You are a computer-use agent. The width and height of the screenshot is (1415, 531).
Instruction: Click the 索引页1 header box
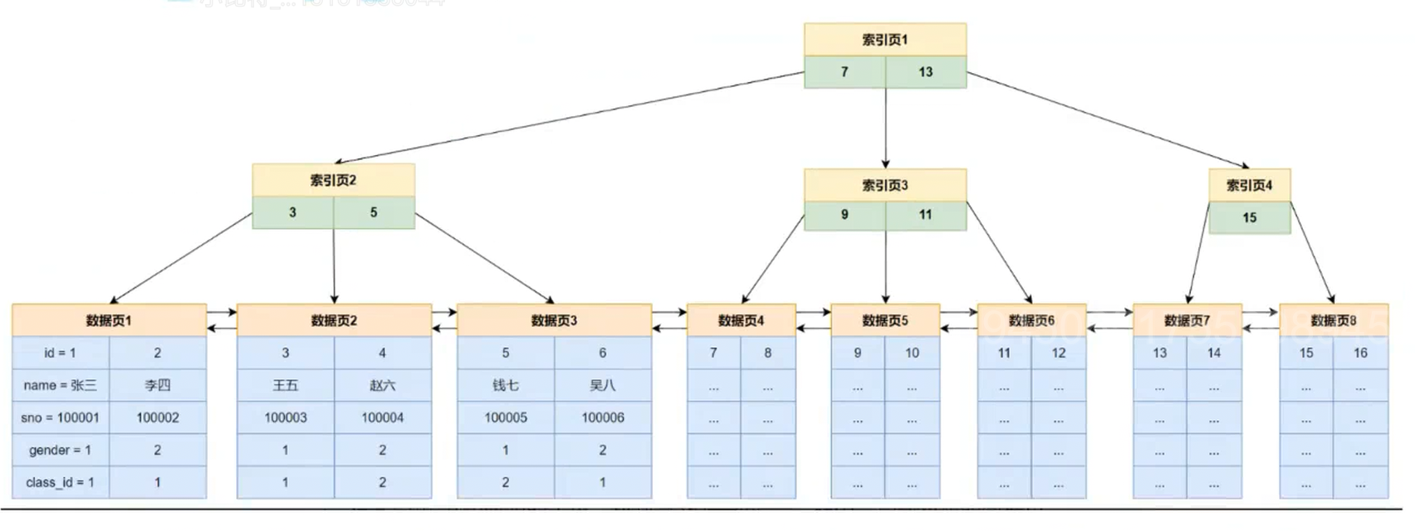884,40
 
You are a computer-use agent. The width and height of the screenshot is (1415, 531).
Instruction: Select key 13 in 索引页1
925,72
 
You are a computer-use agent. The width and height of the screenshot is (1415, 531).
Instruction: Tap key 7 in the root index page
845,72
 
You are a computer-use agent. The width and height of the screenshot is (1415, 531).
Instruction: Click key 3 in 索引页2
292,212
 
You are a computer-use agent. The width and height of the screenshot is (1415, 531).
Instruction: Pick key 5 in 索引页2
374,212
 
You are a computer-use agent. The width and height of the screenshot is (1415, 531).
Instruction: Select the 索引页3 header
884,185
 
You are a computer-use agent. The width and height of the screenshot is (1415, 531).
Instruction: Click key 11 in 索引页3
925,215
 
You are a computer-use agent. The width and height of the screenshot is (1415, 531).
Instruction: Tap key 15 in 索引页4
1249,217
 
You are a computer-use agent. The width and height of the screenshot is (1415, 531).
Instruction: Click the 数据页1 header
109,320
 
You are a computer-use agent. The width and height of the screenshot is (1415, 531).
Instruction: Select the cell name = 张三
61,385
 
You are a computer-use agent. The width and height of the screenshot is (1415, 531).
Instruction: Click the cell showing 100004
382,417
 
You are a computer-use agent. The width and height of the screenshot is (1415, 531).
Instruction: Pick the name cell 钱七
505,385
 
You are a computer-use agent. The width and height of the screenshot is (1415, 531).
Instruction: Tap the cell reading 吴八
602,385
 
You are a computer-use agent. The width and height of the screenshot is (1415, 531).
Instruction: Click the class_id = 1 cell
61,482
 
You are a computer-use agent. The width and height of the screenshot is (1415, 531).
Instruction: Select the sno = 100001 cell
61,417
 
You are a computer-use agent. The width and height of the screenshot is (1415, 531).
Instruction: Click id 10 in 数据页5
912,353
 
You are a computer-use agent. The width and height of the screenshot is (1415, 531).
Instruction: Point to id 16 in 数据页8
1360,353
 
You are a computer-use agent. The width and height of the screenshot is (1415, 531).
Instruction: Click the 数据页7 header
1187,320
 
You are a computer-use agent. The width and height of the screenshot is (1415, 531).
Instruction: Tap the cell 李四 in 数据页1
157,385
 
